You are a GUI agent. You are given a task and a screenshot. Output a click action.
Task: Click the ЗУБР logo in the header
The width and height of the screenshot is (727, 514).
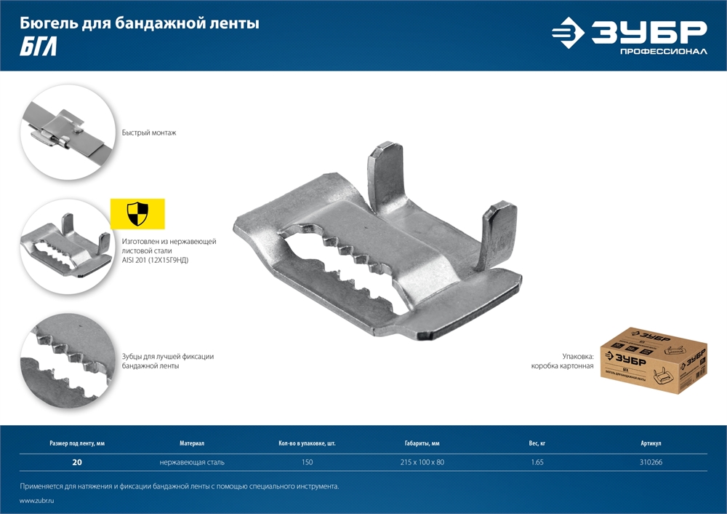pos(630,33)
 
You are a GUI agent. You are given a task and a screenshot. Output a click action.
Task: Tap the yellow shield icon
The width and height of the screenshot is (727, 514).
pos(137,214)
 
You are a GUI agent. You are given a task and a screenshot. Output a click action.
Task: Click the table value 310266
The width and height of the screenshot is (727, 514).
pos(651,462)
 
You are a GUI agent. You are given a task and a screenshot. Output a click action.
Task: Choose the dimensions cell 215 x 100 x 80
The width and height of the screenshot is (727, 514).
pos(422,462)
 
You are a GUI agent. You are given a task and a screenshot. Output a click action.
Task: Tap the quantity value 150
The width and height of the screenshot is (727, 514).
pos(307,462)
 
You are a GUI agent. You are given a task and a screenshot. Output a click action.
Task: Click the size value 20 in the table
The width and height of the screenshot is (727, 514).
pos(77,462)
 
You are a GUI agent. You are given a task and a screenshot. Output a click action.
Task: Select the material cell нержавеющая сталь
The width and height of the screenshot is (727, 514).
pos(192,462)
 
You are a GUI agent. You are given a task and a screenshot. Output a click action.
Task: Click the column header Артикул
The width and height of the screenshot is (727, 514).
pos(651,443)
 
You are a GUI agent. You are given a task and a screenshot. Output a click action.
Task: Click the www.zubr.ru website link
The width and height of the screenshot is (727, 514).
pos(37,501)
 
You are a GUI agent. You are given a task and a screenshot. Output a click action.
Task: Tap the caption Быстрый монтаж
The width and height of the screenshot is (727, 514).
pos(149,133)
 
